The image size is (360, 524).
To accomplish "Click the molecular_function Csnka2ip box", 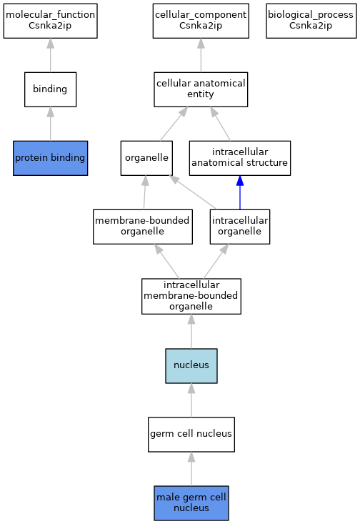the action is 51,21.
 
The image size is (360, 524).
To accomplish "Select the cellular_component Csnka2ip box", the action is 201,21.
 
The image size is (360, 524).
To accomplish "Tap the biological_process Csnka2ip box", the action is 311,21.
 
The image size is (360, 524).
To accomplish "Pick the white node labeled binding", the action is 51,89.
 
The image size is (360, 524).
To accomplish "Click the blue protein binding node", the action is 51,158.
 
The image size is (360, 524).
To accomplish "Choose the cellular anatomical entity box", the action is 201,89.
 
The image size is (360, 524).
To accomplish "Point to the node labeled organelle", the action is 146,158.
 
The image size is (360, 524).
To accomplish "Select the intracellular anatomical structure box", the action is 240,158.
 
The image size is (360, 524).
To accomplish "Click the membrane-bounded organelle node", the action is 143,227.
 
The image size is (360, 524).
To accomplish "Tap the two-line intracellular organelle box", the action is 240,227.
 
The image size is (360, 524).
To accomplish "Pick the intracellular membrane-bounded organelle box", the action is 191,296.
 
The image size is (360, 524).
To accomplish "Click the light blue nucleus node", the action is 191,365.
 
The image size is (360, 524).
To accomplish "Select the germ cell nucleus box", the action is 191,435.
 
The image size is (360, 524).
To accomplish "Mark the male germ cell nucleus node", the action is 191,503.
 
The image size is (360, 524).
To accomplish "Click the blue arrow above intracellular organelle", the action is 240,192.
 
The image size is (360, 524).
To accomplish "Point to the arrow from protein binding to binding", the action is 51,124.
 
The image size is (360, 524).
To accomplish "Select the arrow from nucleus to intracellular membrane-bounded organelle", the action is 191,332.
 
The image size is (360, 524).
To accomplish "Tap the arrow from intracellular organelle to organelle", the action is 193,192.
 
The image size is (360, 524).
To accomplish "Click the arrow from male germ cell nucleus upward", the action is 191,469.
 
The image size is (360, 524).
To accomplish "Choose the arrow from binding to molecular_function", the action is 51,55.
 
